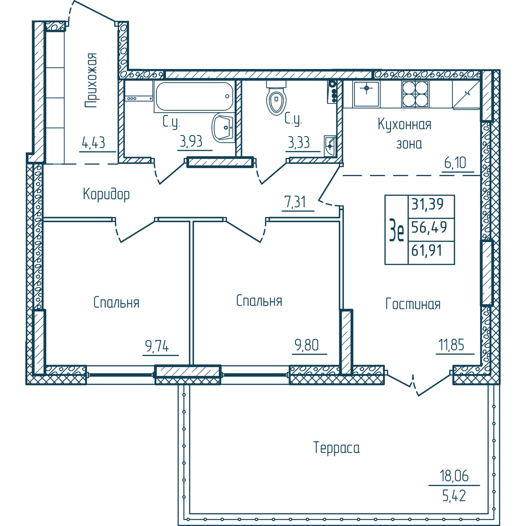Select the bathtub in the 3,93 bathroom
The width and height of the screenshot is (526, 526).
(194, 96)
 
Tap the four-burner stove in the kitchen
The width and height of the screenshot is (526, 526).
(416, 94)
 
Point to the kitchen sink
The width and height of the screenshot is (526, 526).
(366, 94)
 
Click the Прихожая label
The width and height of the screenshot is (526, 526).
(91, 80)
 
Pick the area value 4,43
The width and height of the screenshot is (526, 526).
(93, 143)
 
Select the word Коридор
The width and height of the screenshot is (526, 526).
(106, 194)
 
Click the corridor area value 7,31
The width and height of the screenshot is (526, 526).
(295, 202)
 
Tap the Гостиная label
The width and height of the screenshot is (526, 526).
(413, 304)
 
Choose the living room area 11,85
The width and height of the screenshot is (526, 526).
(451, 345)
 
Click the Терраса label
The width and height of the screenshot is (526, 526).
(336, 448)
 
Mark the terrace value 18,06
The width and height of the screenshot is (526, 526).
(454, 476)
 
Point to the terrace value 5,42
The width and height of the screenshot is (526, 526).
(454, 496)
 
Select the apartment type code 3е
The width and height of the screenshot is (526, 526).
(397, 230)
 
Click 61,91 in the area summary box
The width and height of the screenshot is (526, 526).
(427, 251)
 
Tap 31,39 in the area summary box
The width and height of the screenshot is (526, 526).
(427, 204)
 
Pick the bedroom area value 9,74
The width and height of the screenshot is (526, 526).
(157, 346)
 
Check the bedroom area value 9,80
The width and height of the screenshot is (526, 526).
(306, 345)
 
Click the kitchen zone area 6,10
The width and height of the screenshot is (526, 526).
(455, 163)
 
